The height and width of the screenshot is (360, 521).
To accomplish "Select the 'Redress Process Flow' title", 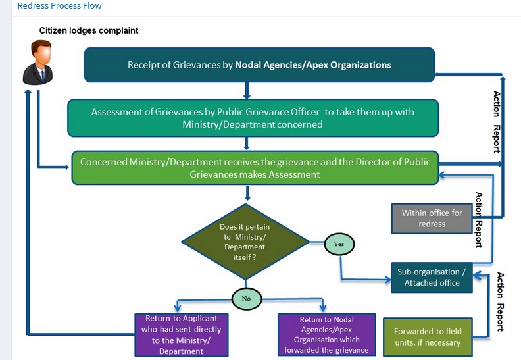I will coord(60,6).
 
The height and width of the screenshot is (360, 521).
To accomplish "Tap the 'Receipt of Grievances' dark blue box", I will coord(259,65).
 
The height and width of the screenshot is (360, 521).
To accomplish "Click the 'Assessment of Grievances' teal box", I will coord(253,118).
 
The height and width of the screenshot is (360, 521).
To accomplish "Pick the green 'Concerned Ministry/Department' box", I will coord(255,168).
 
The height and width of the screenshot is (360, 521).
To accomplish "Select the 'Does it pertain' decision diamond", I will coord(245,242).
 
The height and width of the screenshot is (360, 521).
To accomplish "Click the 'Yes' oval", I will coord(339,244).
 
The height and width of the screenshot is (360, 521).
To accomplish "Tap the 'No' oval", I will coord(247,298).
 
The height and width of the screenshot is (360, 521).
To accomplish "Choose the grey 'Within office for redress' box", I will coord(432,219).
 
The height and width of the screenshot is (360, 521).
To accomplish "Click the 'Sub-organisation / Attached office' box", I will coord(432,277).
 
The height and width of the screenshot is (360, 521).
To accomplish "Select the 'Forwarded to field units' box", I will coord(427,337).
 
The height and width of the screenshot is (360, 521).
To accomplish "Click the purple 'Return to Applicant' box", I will coord(181,334).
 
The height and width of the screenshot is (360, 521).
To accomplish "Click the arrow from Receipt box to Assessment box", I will coord(246,90).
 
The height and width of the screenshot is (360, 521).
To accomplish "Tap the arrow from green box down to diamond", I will coord(246,193).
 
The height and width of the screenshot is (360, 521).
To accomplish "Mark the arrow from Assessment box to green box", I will coord(246,143).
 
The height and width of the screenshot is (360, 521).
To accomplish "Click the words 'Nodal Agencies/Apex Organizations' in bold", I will coord(313,65).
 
